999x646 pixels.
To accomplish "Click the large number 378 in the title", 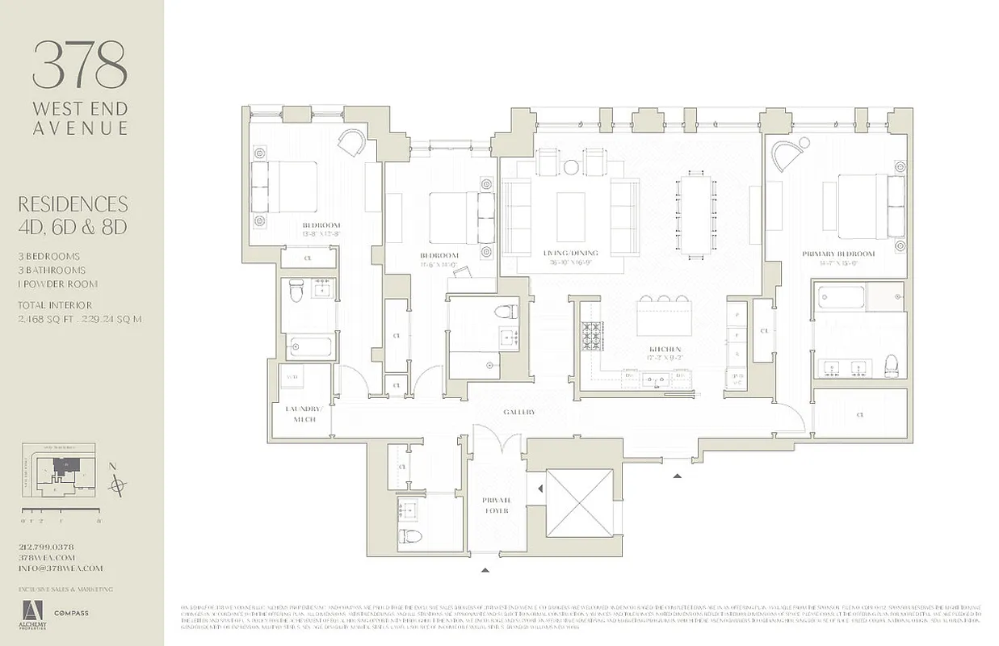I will [x=80, y=65].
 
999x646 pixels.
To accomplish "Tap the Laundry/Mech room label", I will [x=304, y=413].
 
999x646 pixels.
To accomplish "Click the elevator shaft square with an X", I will [x=579, y=503].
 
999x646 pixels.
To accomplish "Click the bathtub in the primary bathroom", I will [x=858, y=296].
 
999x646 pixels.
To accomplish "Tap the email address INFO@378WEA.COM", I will [x=61, y=568].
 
